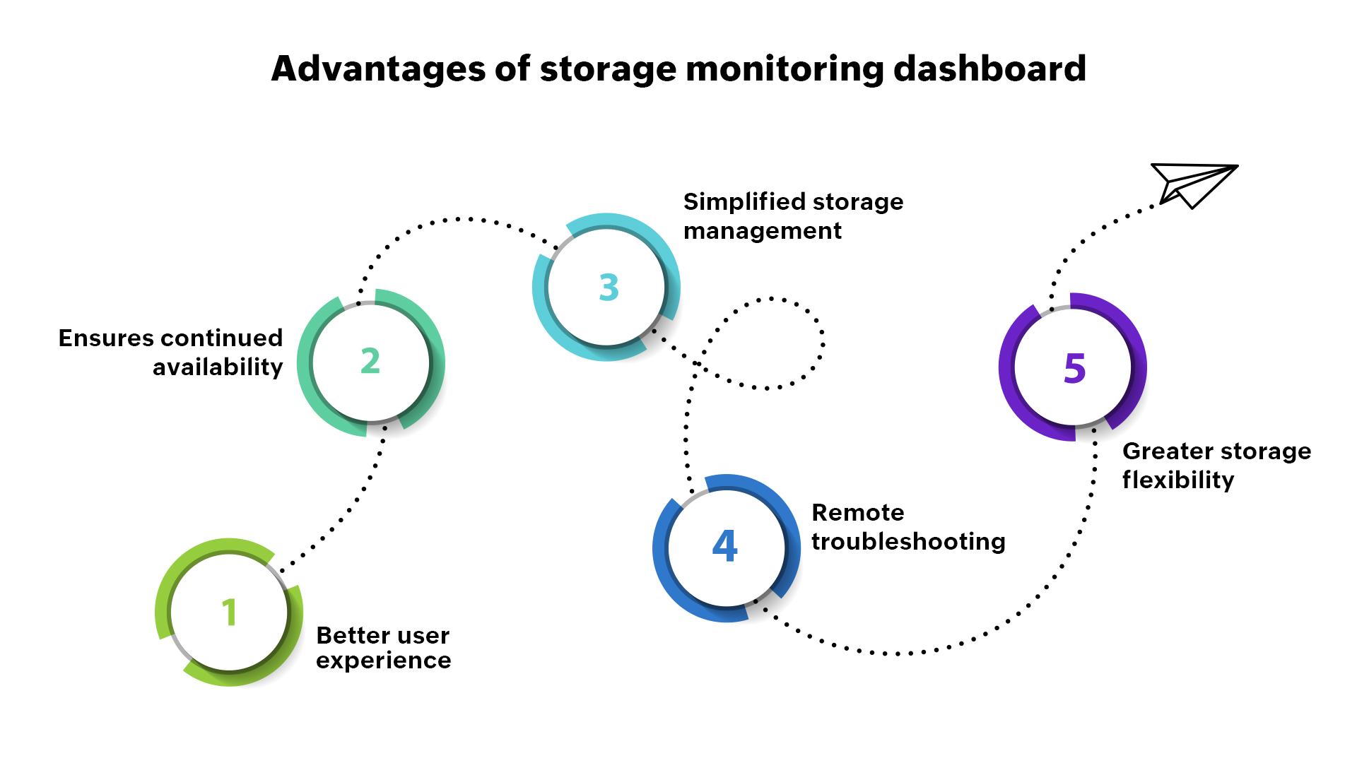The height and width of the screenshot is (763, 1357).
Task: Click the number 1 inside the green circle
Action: point(228,612)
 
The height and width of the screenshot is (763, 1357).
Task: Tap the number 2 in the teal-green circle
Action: point(370,361)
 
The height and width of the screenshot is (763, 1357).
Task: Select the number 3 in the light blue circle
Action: point(609,288)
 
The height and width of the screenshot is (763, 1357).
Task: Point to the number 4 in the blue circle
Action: point(725,545)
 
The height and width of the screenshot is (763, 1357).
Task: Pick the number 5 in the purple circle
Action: point(1074,368)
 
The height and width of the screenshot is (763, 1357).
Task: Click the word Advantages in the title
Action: point(379,69)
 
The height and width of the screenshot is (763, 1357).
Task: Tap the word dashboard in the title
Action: point(989,69)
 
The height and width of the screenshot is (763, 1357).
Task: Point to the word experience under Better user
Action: point(383,661)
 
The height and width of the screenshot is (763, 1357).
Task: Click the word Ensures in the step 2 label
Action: point(106,338)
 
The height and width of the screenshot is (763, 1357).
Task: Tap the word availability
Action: point(217,367)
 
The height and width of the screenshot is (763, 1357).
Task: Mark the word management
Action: point(762,231)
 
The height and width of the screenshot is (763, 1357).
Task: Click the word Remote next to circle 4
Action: point(857,512)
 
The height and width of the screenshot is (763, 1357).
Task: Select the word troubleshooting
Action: point(907,541)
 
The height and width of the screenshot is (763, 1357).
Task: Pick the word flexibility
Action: point(1177,480)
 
